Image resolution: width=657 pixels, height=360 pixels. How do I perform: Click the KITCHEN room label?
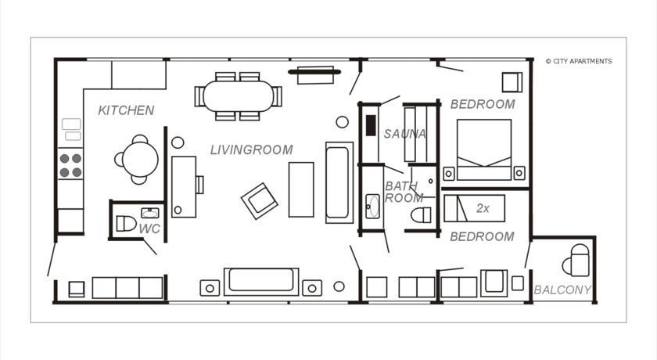click(x=126, y=110)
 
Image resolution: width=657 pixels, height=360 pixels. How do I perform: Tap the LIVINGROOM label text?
click(x=251, y=149)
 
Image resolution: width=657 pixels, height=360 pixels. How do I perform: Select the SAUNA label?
click(x=405, y=134)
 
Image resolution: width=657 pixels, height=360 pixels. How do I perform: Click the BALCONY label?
click(x=562, y=290)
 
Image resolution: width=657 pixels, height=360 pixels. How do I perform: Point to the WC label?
click(x=149, y=229)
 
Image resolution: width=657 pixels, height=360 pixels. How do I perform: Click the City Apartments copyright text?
click(x=579, y=61)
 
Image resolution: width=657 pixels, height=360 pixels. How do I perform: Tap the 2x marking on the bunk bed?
click(x=483, y=208)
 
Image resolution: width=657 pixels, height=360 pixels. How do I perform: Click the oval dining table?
click(x=239, y=96)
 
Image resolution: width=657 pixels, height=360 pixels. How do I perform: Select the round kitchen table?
click(x=140, y=159)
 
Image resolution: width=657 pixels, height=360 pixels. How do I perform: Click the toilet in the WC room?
click(x=126, y=223)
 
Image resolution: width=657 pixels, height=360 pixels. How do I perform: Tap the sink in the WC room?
click(x=149, y=213)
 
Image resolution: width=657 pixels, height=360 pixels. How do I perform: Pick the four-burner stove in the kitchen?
click(x=70, y=164)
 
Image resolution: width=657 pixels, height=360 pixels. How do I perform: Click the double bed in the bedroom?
click(x=484, y=149)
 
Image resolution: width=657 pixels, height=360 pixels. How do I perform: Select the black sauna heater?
click(x=371, y=125)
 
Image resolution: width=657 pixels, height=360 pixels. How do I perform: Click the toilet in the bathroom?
click(x=421, y=215)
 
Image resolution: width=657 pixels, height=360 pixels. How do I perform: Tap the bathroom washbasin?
click(x=372, y=206)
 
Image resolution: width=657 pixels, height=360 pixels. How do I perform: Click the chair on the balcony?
click(x=576, y=261)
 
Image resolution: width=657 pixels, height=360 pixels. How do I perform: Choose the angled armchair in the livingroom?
click(x=260, y=201)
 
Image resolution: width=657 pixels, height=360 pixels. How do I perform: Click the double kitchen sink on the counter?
click(x=72, y=129)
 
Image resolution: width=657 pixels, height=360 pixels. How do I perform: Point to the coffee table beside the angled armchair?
click(x=301, y=189)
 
